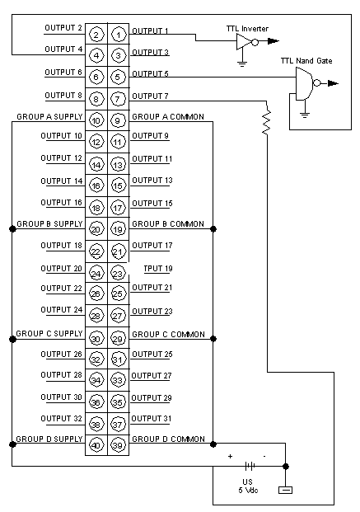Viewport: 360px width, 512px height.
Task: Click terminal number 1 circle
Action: pyautogui.click(x=119, y=35)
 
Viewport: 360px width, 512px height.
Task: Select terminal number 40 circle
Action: pyautogui.click(x=96, y=445)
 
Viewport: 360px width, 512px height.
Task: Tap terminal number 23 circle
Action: pyautogui.click(x=118, y=273)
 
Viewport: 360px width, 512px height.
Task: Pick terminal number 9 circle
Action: pyautogui.click(x=118, y=121)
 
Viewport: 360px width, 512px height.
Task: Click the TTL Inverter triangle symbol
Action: pyautogui.click(x=244, y=42)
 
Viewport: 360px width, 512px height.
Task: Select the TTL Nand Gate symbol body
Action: pyautogui.click(x=304, y=83)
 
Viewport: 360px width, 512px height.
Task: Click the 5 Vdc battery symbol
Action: pyautogui.click(x=250, y=466)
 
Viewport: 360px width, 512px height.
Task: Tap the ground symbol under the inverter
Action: pyautogui.click(x=242, y=63)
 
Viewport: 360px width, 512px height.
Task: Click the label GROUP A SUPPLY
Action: pyautogui.click(x=49, y=117)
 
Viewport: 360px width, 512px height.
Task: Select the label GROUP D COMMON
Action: pyautogui.click(x=168, y=439)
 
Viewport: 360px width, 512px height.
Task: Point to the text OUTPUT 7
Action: pyautogui.click(x=150, y=96)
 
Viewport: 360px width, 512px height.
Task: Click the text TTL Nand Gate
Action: pyautogui.click(x=306, y=61)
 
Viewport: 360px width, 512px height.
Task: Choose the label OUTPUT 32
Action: pyautogui.click(x=61, y=419)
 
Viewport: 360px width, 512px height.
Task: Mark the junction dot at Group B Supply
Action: pyautogui.click(x=12, y=229)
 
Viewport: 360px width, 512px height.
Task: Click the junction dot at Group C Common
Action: pyautogui.click(x=213, y=339)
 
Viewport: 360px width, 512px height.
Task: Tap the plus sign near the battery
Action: pyautogui.click(x=230, y=456)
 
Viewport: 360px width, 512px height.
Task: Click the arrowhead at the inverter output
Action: pyautogui.click(x=274, y=41)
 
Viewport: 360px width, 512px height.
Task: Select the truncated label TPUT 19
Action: pyautogui.click(x=158, y=269)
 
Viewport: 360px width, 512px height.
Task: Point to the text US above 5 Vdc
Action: pyautogui.click(x=247, y=481)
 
